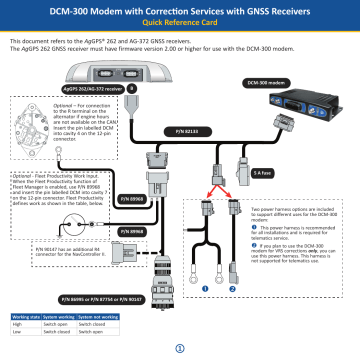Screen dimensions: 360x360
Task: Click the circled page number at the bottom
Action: (x=180, y=348)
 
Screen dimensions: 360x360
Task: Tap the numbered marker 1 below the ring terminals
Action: (x=205, y=289)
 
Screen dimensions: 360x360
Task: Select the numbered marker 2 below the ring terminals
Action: (x=232, y=289)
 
